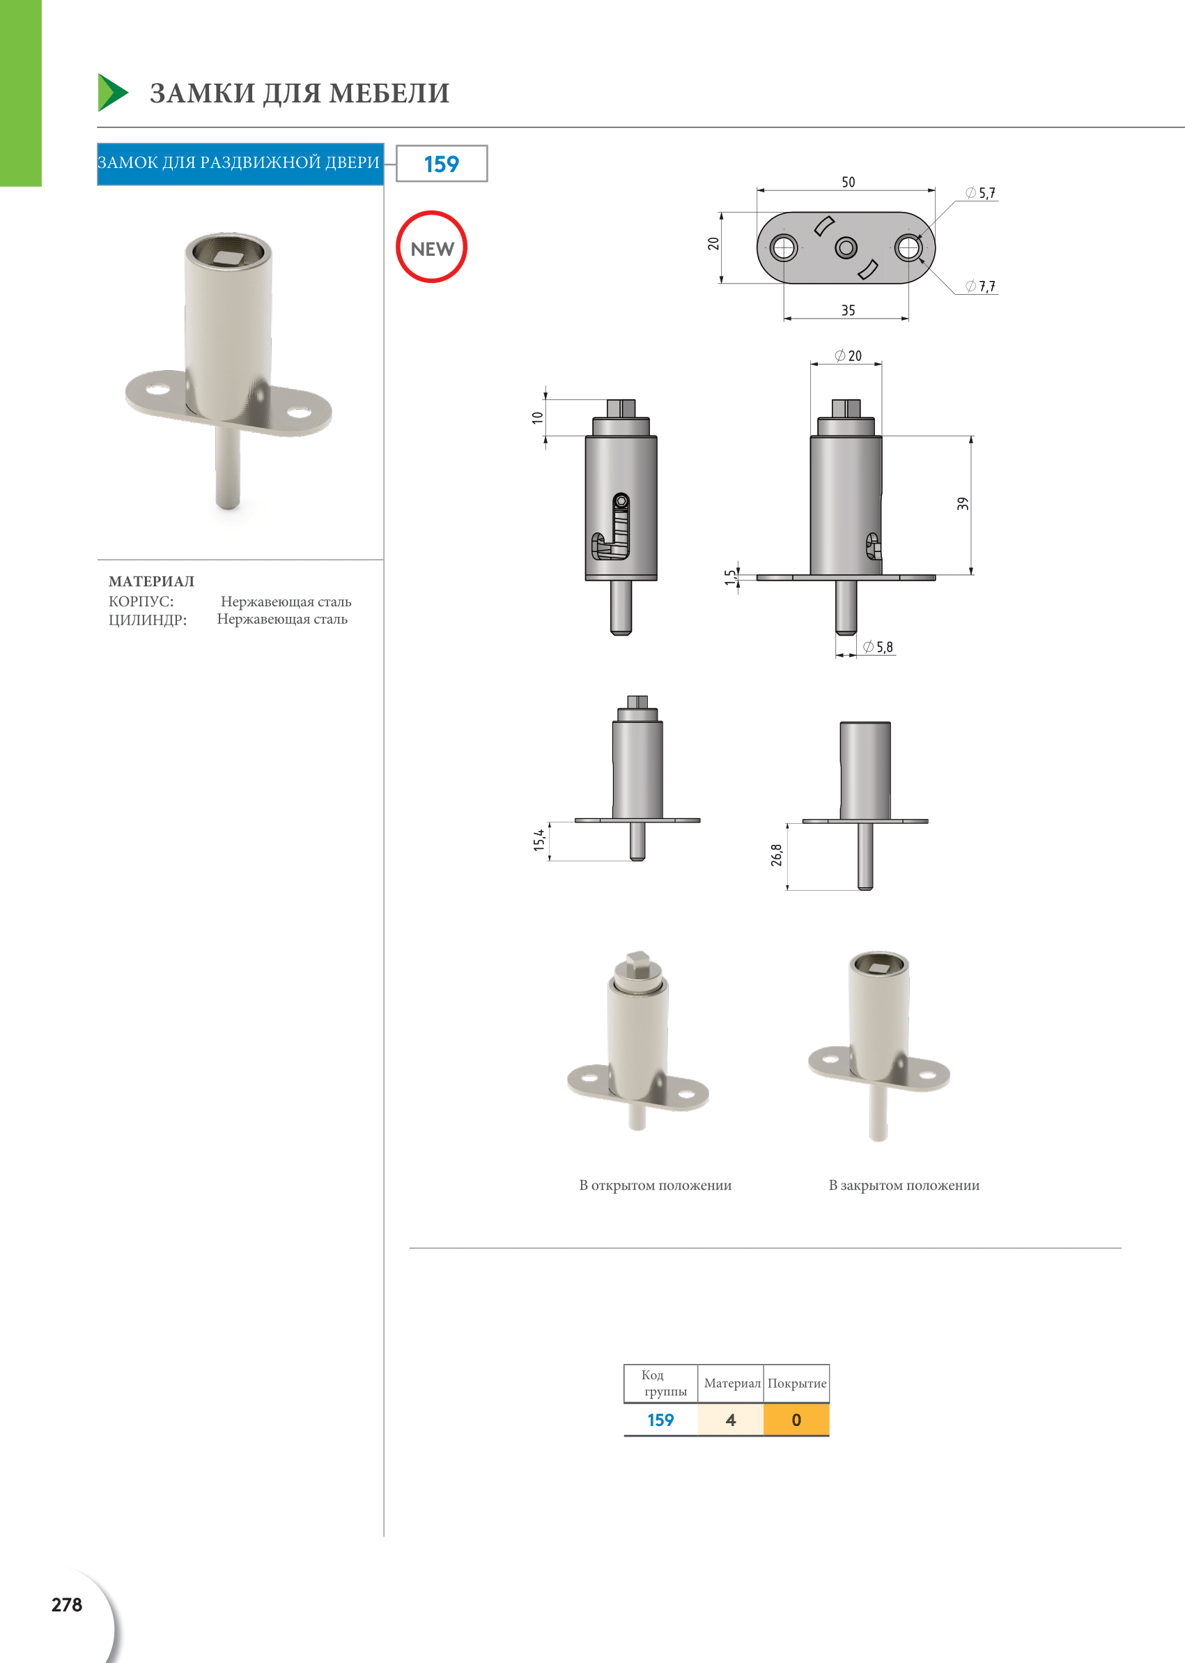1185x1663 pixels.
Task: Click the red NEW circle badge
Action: coord(431,247)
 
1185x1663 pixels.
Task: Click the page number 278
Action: coord(66,1604)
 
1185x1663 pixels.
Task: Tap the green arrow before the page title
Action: coord(112,93)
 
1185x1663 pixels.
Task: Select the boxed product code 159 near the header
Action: coord(442,164)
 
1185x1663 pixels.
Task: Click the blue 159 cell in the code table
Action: coord(660,1420)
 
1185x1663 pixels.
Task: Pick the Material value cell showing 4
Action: coord(730,1420)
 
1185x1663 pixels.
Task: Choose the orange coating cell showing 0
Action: coord(796,1420)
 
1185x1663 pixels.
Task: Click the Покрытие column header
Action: coord(797,1384)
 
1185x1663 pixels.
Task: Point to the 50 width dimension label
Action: coord(848,182)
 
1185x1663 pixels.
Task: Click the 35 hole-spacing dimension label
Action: coord(848,310)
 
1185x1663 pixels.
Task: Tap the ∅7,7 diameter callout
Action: coord(981,286)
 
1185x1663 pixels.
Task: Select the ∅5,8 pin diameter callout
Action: coord(878,647)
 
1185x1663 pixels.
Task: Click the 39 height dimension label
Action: coord(963,504)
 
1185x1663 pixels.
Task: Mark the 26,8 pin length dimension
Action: coord(776,855)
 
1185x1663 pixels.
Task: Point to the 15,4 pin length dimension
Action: coord(539,840)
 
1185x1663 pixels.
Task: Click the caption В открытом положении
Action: coord(656,1186)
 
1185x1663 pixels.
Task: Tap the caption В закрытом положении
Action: coord(904,1186)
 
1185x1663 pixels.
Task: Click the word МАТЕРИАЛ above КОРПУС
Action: coord(152,581)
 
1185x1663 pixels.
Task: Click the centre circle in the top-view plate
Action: coord(846,248)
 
